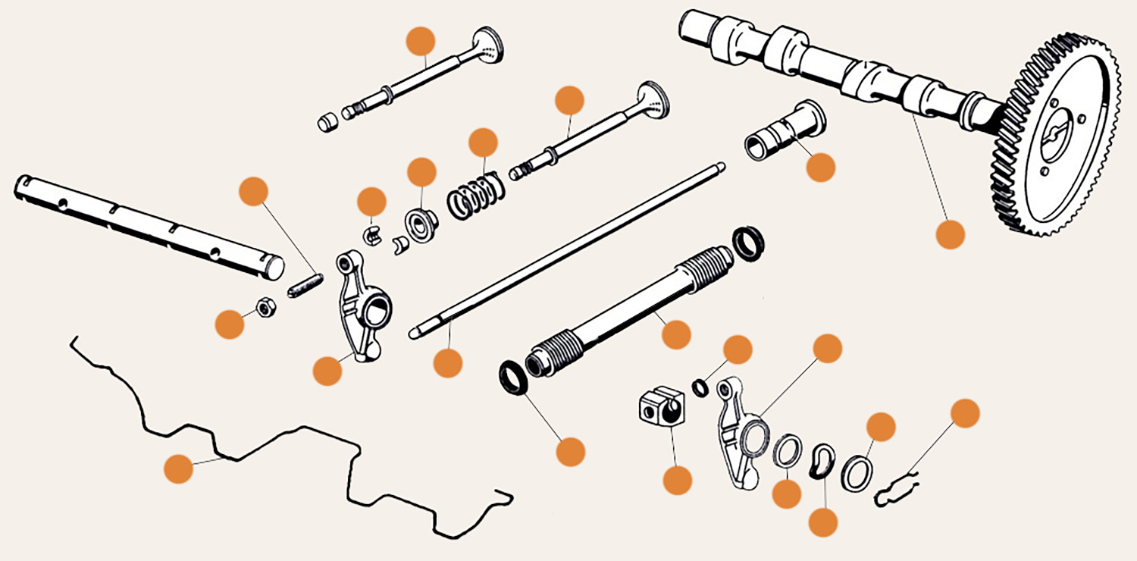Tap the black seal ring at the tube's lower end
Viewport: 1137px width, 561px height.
514,378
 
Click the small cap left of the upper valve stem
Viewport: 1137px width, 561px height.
326,122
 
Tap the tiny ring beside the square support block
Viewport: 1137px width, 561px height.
702,388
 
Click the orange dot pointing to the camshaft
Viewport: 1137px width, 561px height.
950,234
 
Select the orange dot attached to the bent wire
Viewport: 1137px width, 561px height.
179,468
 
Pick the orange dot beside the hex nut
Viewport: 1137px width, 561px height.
230,324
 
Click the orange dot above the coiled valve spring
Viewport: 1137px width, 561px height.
483,143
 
